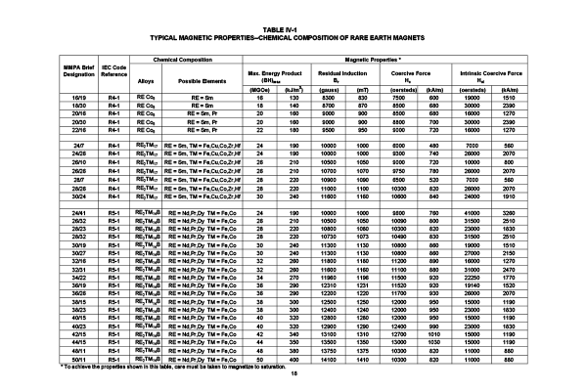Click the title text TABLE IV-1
pyautogui.click(x=293, y=30)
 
